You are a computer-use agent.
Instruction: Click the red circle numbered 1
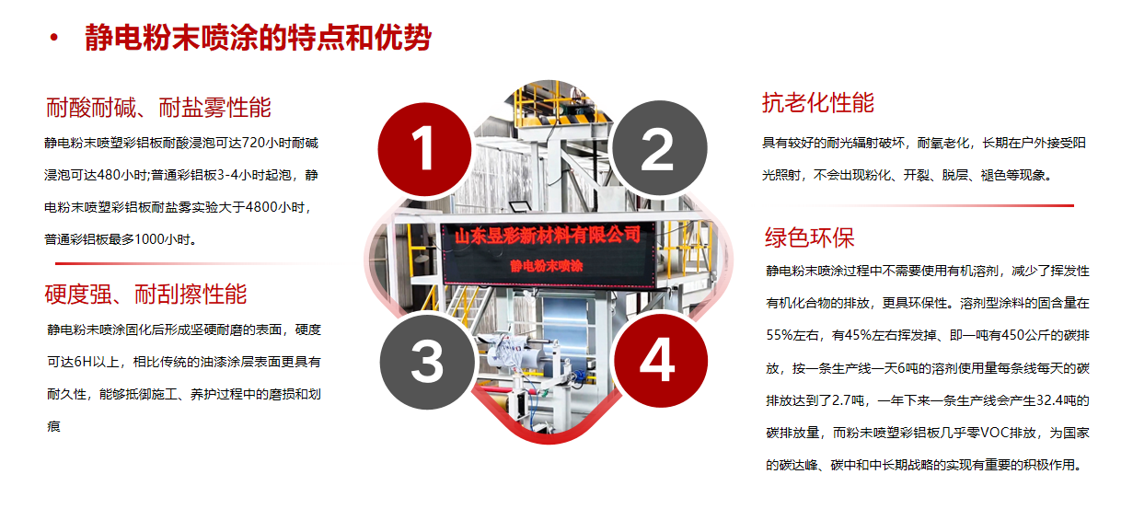(x=422, y=148)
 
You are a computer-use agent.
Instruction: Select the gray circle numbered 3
(x=426, y=361)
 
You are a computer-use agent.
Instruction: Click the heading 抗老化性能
(x=817, y=103)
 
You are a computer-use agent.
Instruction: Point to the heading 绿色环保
(x=809, y=237)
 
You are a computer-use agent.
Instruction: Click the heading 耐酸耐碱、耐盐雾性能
(x=158, y=108)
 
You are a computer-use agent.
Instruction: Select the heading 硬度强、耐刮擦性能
(x=145, y=295)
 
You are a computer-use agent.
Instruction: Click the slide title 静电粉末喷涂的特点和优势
(x=258, y=38)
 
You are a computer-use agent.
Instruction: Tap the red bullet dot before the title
(x=54, y=38)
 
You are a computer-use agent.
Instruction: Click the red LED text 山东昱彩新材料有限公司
(x=547, y=237)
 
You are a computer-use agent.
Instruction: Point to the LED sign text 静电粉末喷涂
(x=547, y=267)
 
